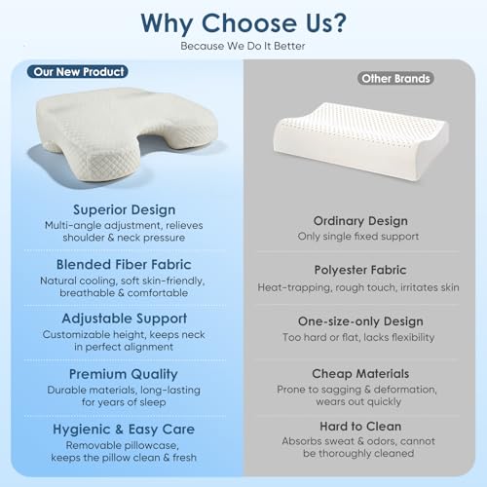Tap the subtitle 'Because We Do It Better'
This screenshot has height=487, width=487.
point(243,45)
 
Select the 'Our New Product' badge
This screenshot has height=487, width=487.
point(80,72)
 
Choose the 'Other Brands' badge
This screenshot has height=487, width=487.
point(395,79)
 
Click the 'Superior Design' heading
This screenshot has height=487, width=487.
point(123,209)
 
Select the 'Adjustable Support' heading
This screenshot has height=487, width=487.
point(123,318)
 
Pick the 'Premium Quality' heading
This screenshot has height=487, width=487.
point(123,374)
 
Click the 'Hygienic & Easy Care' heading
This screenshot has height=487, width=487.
point(123,429)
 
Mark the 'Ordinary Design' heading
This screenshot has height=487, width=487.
point(361,221)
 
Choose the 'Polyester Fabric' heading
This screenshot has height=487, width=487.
point(361,269)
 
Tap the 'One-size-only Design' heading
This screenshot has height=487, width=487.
point(361,320)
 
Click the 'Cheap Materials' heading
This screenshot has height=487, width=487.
point(361,374)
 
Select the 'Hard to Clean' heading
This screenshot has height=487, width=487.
point(361,427)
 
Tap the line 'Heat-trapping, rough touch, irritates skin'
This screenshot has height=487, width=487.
point(361,288)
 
